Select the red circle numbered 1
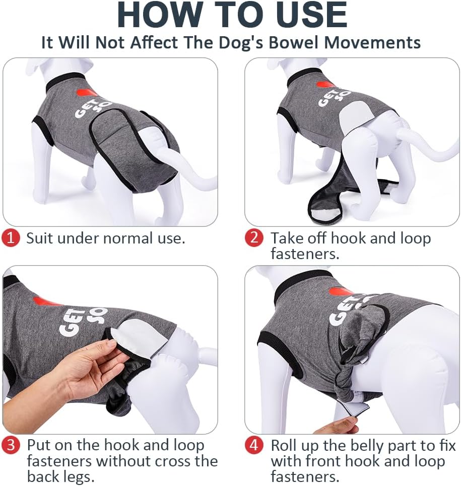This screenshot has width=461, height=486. pos(11,238)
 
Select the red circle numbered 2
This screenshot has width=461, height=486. pos(254,238)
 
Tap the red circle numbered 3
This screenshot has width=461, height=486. pos(11,445)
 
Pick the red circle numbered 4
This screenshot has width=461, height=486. pos(254,445)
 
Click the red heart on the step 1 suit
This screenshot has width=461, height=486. pos(87,93)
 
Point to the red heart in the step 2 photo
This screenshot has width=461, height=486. pos(325,85)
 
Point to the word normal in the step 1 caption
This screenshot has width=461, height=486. pos(127,238)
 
